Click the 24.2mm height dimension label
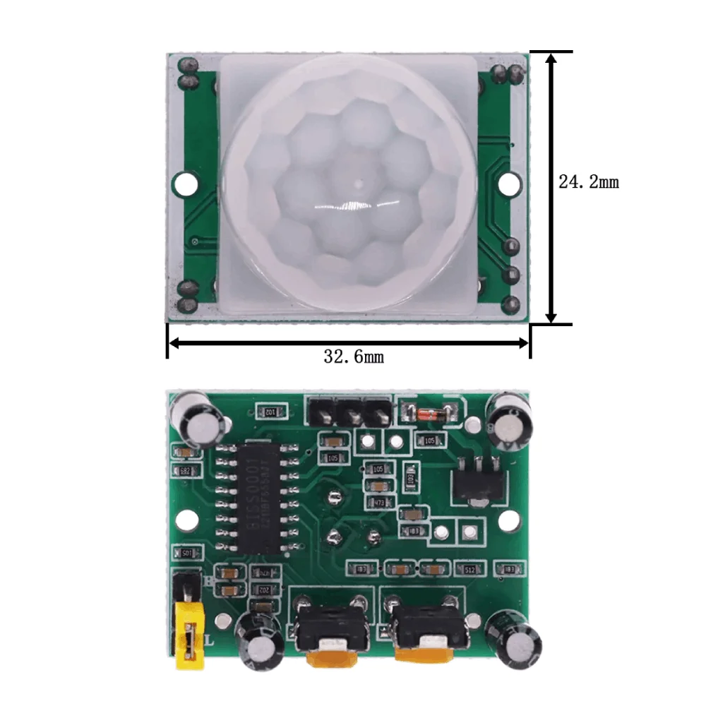point(588,182)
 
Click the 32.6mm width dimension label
point(354,357)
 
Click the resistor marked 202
point(262,589)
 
